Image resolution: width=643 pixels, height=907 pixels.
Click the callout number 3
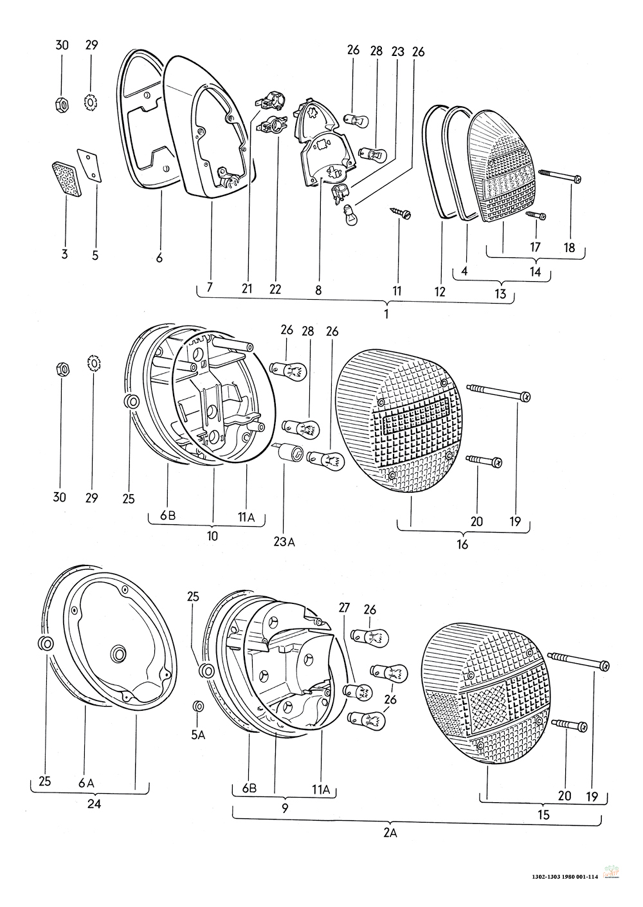coord(64,255)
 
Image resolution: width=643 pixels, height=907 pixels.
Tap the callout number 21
coord(247,288)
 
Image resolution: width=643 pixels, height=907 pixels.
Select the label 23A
coord(284,542)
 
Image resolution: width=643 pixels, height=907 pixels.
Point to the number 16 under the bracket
coord(462,544)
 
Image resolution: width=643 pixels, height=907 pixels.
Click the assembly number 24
coord(94,804)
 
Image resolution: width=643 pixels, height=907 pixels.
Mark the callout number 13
coord(500,293)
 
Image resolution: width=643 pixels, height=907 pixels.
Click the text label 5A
coord(198,735)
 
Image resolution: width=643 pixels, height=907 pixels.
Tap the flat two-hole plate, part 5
coord(89,165)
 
